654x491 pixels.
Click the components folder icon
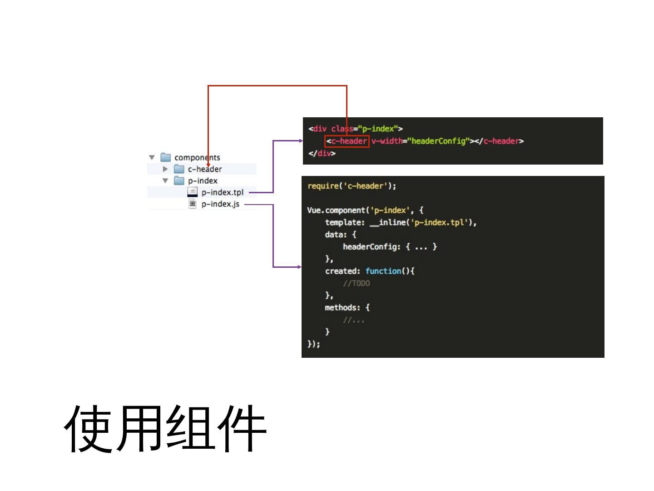click(x=166, y=157)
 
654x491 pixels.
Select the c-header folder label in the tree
click(x=205, y=169)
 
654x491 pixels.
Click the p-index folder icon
click(x=179, y=180)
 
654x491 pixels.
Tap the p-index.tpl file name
click(x=223, y=192)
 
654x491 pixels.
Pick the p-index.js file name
click(x=220, y=204)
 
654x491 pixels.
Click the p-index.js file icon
click(x=193, y=204)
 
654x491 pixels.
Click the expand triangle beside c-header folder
click(x=165, y=169)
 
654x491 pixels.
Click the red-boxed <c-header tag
click(x=347, y=141)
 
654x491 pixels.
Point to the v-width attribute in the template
click(x=386, y=141)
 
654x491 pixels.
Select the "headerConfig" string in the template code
click(x=438, y=141)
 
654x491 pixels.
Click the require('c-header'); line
click(x=352, y=186)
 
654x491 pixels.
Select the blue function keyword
click(x=383, y=271)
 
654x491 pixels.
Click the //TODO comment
click(x=357, y=284)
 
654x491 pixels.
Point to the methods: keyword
click(x=342, y=308)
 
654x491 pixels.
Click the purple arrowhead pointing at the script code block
click(x=299, y=267)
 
